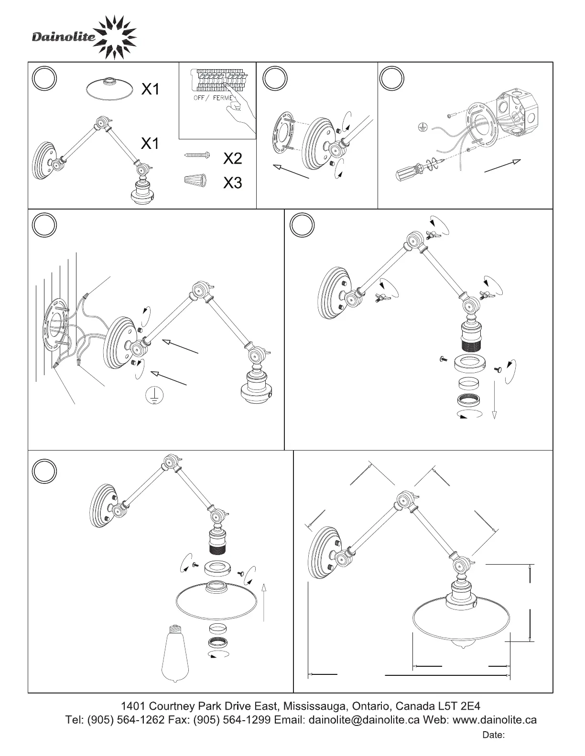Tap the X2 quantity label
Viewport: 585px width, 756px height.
(233, 158)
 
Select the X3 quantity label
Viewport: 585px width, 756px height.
(233, 183)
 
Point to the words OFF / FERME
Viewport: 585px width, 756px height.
(213, 98)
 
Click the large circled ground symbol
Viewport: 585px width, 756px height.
(154, 395)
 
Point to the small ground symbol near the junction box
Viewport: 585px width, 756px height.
(422, 127)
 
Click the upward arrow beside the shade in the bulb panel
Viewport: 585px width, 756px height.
(264, 601)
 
